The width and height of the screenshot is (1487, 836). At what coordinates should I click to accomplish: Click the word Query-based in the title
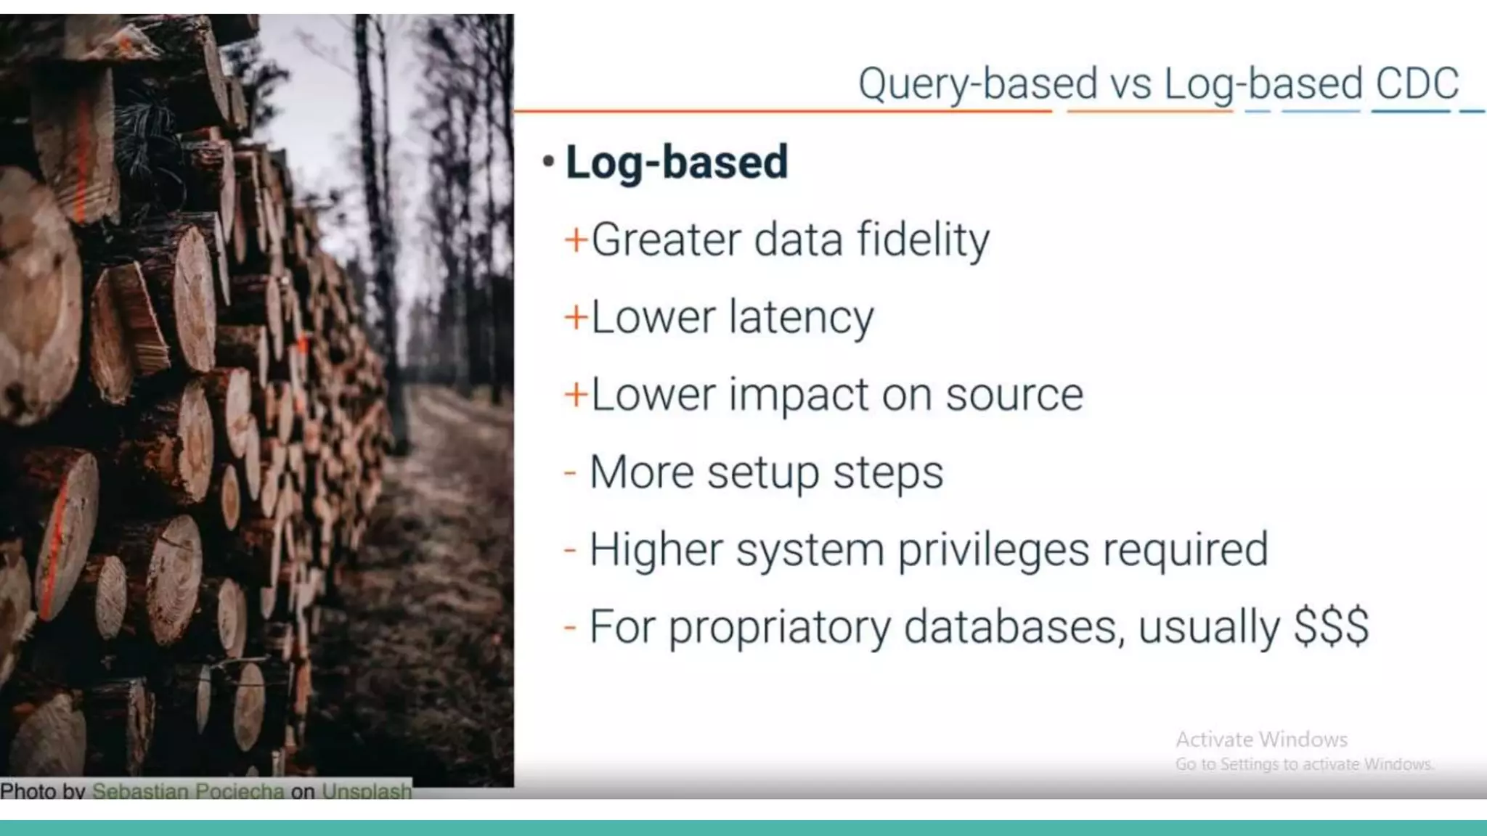point(977,83)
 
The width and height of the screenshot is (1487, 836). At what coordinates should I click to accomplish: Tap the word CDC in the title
point(1417,83)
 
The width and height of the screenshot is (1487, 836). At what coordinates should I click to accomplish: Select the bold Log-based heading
point(676,162)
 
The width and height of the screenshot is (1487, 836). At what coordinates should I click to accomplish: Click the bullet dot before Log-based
point(549,161)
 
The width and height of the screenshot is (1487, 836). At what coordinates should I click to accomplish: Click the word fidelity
point(923,239)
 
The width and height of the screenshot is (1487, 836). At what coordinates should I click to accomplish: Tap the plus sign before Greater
point(576,240)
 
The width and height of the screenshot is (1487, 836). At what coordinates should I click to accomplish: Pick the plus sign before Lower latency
point(576,318)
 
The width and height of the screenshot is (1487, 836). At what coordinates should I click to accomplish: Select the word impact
point(798,396)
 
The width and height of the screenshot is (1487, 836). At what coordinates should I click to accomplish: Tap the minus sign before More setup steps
point(570,473)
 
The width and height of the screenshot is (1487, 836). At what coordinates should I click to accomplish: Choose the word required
point(1185,550)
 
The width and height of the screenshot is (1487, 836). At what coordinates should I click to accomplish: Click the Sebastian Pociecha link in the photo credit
point(188,790)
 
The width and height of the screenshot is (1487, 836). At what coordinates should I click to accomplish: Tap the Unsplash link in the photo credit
point(367,790)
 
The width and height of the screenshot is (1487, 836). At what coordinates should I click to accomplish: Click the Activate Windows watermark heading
point(1261,739)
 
